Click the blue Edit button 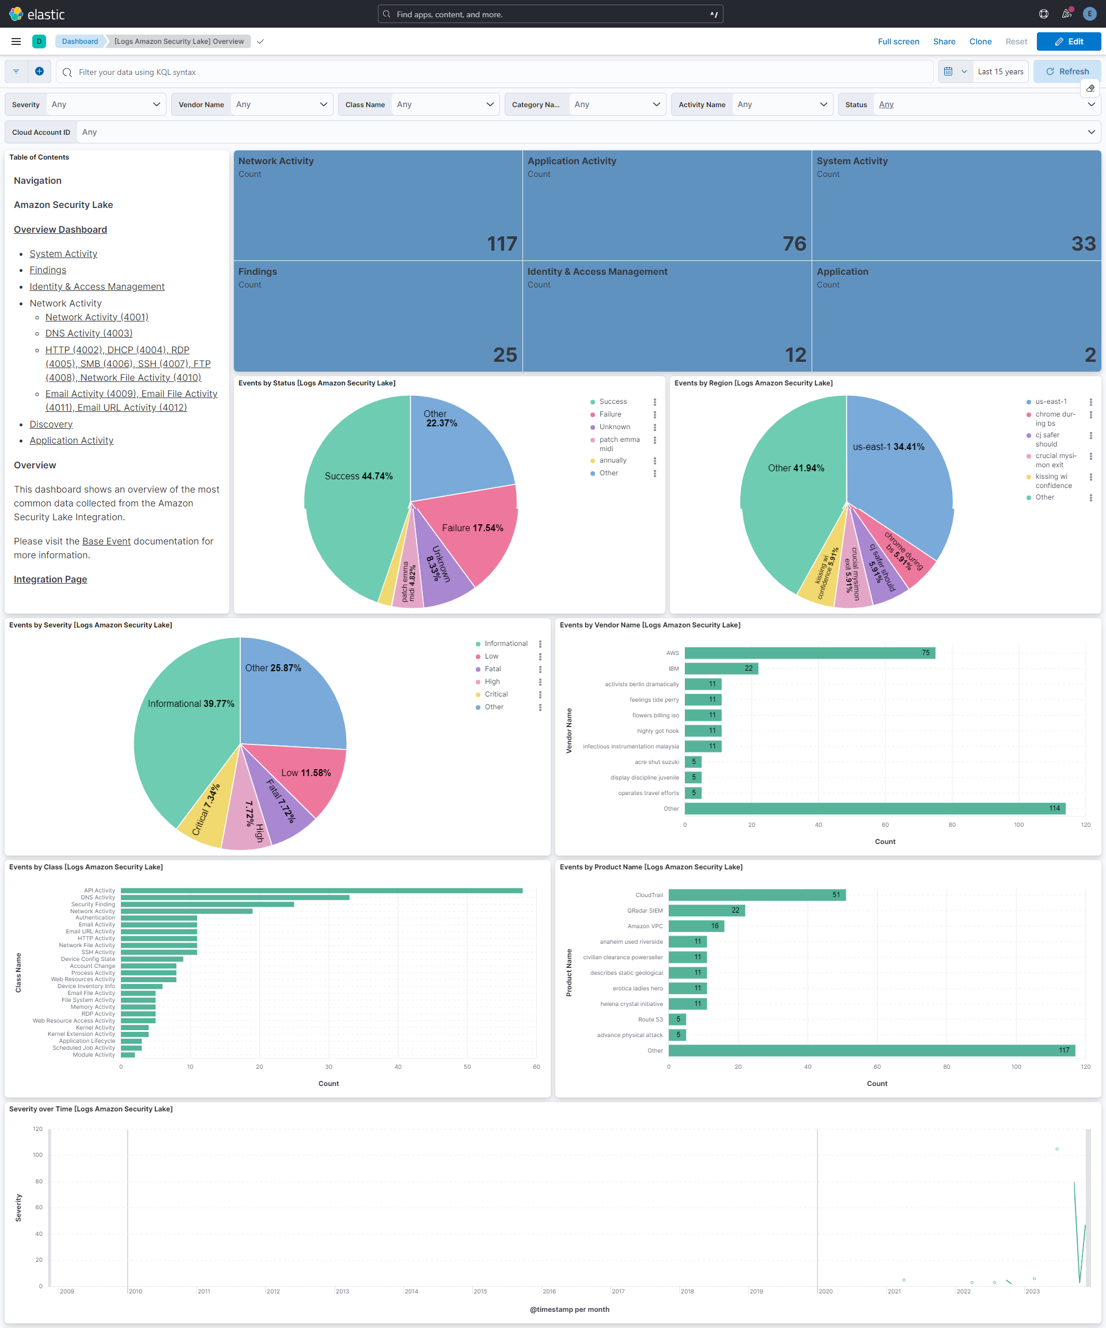click(1068, 41)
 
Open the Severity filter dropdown click(105, 104)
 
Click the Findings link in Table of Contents click(47, 270)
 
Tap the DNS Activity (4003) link click(89, 333)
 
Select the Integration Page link click(51, 579)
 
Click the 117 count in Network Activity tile click(502, 244)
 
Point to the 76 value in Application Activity click(794, 244)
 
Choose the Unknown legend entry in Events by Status click(614, 427)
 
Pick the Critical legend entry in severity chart click(496, 694)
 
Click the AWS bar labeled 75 click(809, 653)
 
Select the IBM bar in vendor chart click(721, 668)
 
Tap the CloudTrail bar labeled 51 click(756, 895)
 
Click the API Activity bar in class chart click(321, 890)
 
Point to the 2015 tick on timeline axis click(480, 1291)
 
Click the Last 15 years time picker click(1000, 71)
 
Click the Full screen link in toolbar click(898, 41)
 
